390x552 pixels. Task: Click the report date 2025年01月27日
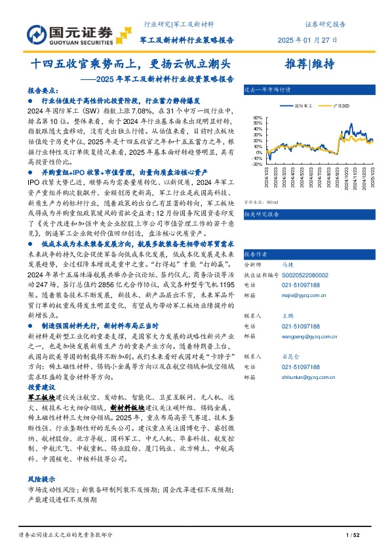tap(307, 39)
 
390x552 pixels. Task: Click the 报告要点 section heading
tap(41, 92)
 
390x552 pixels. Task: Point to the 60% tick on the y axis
tap(258, 119)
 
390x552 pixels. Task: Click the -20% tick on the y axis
tap(256, 165)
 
